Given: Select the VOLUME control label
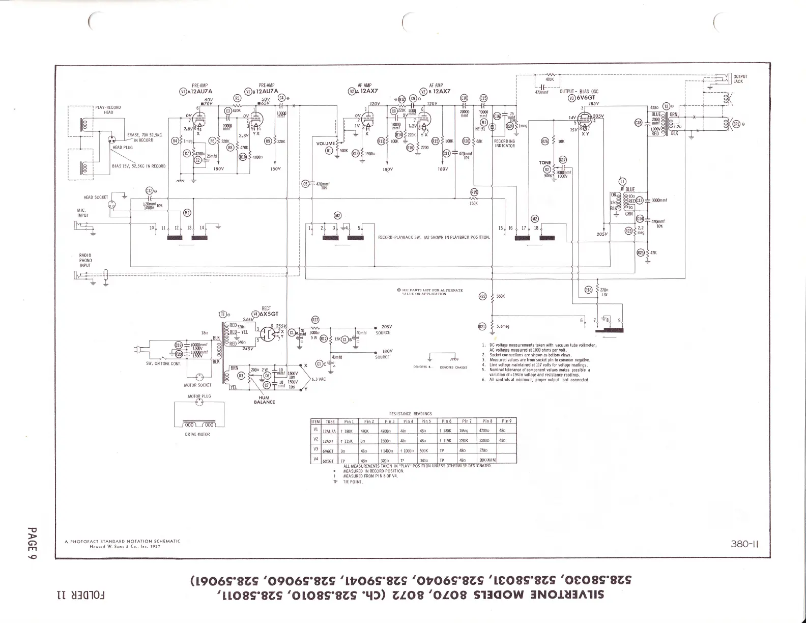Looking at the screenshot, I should (x=325, y=144).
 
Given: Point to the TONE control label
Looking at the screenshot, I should (x=545, y=163).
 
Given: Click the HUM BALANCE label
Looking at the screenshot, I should (x=265, y=400).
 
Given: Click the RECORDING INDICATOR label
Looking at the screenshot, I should (x=505, y=144).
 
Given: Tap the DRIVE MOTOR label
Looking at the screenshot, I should (x=197, y=434).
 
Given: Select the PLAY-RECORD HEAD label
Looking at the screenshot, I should (x=108, y=109).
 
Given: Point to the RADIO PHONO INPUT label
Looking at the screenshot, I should (x=85, y=260).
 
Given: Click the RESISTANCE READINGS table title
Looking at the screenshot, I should (x=410, y=414).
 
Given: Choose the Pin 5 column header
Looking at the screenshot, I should (x=426, y=421).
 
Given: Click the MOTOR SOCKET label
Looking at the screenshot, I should (x=197, y=385).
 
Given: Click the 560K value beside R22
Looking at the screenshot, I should (x=501, y=296).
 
